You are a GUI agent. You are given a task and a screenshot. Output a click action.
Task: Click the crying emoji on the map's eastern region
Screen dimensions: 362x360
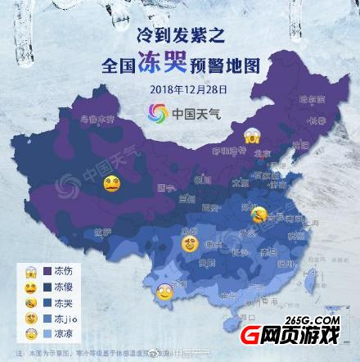[261, 215]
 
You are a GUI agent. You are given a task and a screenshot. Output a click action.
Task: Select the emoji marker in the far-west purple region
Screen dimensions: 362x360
[111, 188]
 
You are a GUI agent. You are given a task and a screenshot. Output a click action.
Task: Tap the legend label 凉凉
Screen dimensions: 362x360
[64, 333]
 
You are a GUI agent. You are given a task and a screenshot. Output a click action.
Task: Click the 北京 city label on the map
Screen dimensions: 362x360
[259, 152]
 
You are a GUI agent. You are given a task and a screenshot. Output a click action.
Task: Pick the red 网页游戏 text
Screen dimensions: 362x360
[314, 334]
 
